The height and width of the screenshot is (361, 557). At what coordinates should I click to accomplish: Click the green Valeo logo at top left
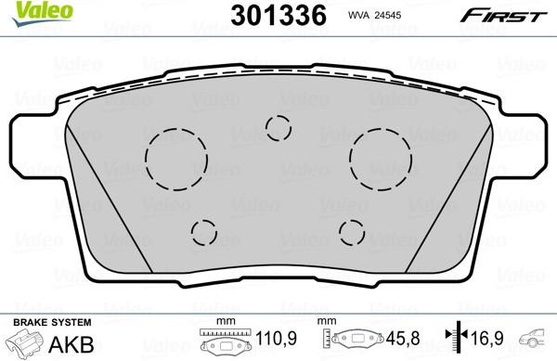[x=43, y=13]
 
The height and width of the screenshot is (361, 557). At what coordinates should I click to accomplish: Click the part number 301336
[x=278, y=15]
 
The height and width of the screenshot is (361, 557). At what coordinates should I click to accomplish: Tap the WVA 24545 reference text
[x=374, y=15]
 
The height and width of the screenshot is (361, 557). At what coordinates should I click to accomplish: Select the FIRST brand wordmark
[x=503, y=16]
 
